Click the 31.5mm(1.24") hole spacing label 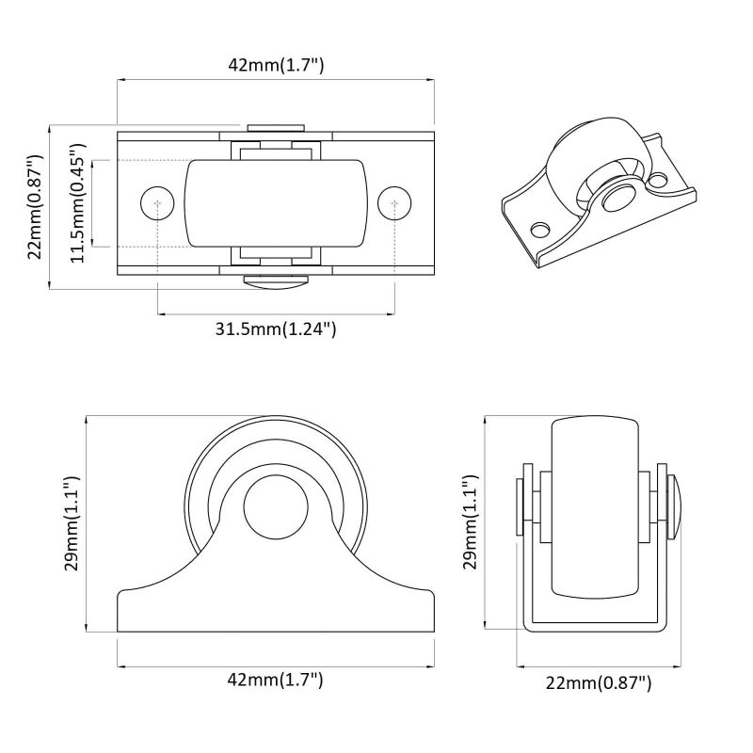pos(276,329)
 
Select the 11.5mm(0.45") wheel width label pos(78,203)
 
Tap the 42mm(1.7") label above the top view pos(276,64)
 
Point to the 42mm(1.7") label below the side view pos(275,680)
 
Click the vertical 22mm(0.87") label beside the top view pos(36,207)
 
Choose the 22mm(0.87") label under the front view pos(599,682)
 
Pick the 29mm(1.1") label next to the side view pos(72,523)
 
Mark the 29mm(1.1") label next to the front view pos(471,522)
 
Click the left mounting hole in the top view pos(157,203)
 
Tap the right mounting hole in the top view pos(394,203)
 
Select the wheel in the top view pos(276,203)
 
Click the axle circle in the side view pos(276,507)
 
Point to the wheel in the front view pos(595,508)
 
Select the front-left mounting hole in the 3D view pos(541,229)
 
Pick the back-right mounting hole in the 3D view pos(657,180)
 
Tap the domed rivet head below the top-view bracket pos(276,281)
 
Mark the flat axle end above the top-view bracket pos(276,128)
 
